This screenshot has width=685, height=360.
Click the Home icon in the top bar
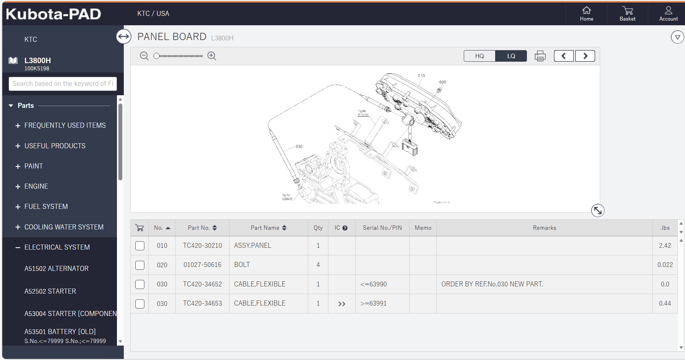586,13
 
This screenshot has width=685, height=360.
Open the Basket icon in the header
628,13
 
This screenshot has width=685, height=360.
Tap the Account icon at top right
668,13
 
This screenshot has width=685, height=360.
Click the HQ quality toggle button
479,56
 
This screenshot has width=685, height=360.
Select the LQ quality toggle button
511,56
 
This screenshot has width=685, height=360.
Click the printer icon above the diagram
540,56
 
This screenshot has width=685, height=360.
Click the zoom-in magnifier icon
212,56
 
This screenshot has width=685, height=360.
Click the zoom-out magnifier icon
144,56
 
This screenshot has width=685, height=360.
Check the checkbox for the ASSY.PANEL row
140,246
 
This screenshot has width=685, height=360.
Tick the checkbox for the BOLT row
140,265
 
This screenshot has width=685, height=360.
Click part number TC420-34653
202,303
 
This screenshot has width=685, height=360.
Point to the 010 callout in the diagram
421,76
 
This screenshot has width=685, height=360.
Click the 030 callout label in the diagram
299,146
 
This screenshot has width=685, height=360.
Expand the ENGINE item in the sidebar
36,186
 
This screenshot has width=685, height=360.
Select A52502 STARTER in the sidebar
50,291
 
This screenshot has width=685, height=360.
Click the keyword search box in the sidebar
63,84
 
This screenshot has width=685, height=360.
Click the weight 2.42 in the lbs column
665,246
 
